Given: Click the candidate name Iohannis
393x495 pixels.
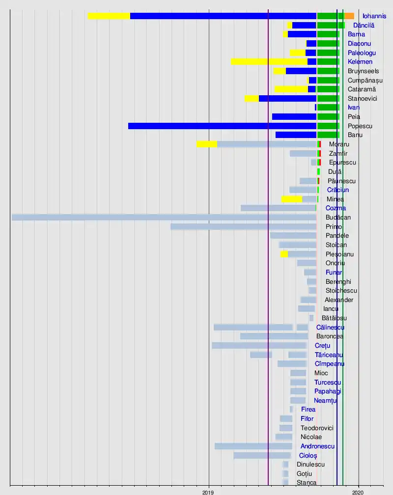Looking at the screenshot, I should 374,16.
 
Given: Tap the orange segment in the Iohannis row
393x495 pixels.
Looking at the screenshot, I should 349,16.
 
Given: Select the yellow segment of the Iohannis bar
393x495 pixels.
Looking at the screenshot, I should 109,16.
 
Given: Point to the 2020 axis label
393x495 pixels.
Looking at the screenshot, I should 359,491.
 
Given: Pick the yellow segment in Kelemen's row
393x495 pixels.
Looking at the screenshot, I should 269,62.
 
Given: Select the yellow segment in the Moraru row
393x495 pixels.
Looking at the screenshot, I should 206,144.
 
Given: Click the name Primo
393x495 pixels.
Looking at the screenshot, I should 334,226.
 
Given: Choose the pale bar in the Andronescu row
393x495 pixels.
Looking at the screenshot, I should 253,446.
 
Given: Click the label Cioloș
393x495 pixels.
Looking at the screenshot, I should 308,455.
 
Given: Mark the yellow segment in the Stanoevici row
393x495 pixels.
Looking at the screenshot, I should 252,98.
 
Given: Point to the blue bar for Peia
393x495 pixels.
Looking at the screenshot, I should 294,117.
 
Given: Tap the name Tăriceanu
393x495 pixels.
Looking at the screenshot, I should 329,355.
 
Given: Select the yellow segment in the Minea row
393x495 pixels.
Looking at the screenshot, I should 292,199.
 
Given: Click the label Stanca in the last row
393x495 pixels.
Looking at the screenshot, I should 307,483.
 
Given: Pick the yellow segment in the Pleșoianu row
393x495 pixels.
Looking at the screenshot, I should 284,254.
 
